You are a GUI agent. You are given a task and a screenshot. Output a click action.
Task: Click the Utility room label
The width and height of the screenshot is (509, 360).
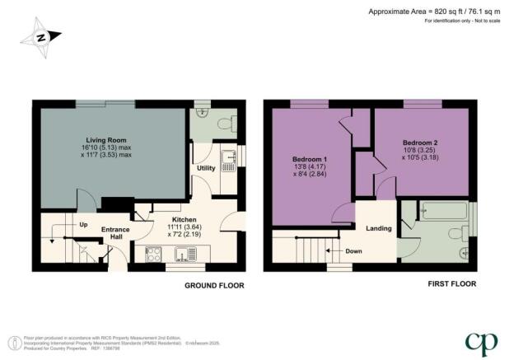point(206,168)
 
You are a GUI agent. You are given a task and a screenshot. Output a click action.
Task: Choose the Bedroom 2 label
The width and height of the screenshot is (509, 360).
point(419,143)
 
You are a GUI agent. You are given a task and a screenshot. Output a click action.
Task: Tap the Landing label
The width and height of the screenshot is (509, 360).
point(378,227)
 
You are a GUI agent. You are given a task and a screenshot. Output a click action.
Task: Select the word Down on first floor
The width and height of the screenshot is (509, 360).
point(354,250)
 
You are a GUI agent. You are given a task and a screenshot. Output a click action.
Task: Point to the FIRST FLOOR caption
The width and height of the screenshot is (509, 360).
point(451,284)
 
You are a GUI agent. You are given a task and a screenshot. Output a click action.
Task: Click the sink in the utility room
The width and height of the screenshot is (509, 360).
point(229,158)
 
